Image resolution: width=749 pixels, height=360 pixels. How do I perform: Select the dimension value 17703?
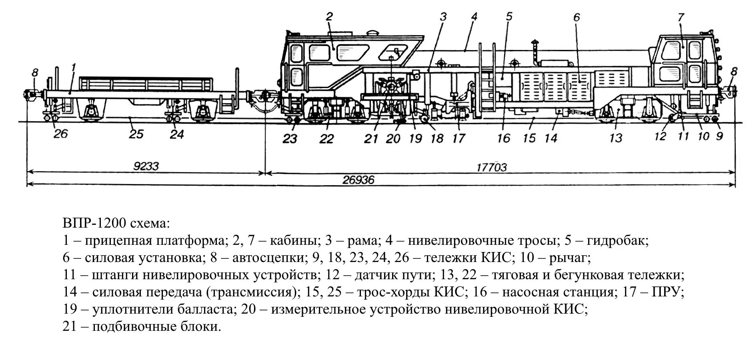pyautogui.click(x=491, y=167)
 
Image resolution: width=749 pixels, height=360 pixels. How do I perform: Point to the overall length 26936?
pyautogui.click(x=358, y=180)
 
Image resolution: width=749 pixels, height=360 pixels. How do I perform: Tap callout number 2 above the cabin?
pyautogui.click(x=329, y=17)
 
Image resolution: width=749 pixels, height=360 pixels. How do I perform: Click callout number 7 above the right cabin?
pyautogui.click(x=681, y=17)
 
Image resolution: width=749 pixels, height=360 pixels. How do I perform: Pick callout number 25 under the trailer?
pyautogui.click(x=136, y=134)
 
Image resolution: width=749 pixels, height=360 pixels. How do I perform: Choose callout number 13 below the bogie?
pyautogui.click(x=616, y=138)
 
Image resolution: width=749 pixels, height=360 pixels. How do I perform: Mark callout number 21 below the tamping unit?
pyautogui.click(x=371, y=139)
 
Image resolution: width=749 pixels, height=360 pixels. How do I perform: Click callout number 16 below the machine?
pyautogui.click(x=504, y=138)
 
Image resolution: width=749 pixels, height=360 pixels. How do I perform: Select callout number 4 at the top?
pyautogui.click(x=474, y=17)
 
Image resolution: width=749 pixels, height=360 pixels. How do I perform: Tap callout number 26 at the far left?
pyautogui.click(x=61, y=133)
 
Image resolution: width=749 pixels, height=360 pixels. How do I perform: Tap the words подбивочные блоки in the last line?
pyautogui.click(x=156, y=327)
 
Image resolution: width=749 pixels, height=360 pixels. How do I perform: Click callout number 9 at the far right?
pyautogui.click(x=719, y=136)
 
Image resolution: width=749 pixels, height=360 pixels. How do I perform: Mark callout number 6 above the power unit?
pyautogui.click(x=576, y=17)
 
